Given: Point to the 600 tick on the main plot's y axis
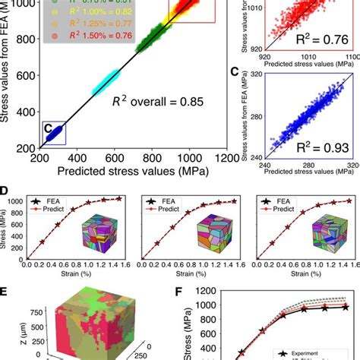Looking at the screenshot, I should [27, 75].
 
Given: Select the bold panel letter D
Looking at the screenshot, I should [6, 191].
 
